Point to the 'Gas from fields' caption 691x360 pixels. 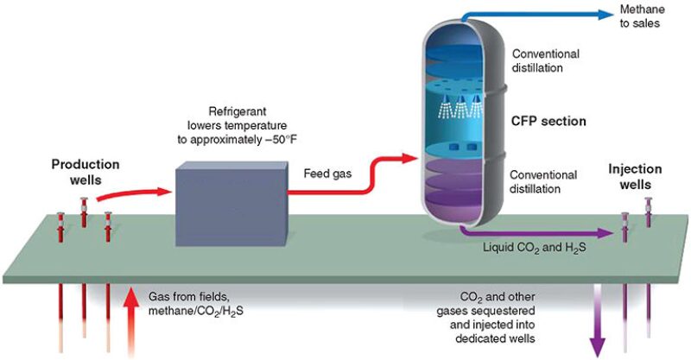[187, 295]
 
